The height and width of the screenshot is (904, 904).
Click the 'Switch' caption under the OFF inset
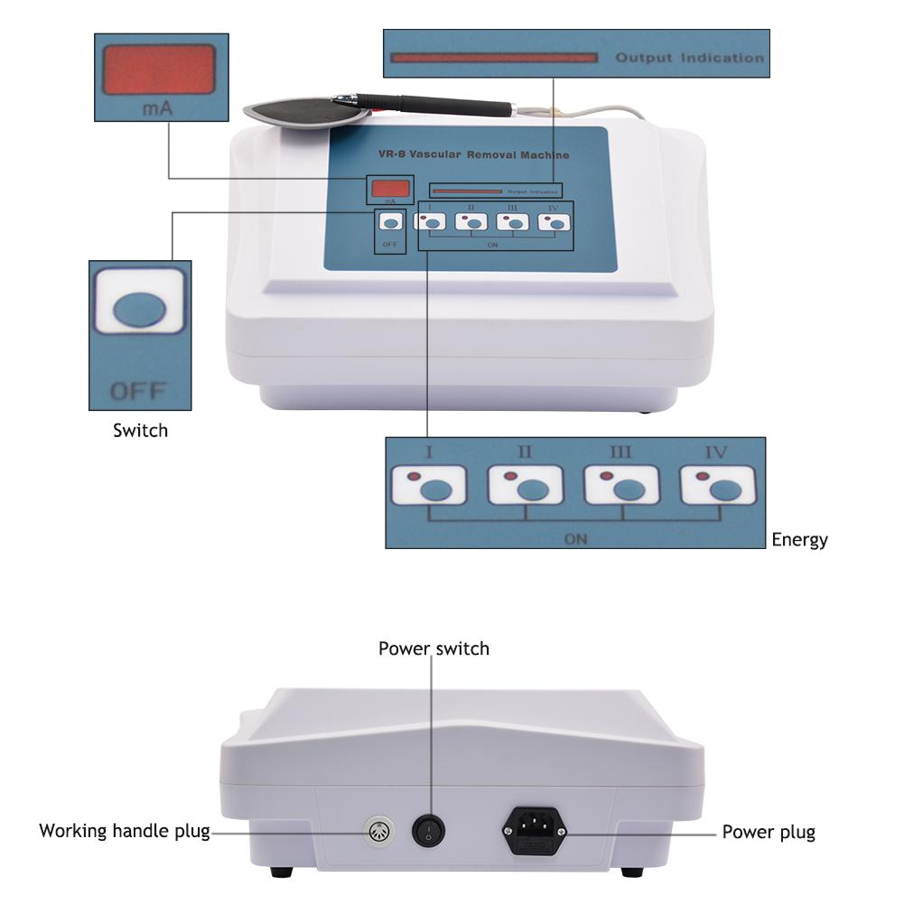click(x=140, y=431)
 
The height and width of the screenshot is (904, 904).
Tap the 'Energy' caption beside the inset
click(x=799, y=540)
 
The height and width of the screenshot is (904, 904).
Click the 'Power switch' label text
click(x=433, y=648)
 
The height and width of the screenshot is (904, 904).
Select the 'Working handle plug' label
click(x=124, y=831)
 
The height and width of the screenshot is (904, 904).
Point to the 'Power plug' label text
click(x=768, y=833)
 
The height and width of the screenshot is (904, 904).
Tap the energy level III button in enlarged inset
click(x=621, y=486)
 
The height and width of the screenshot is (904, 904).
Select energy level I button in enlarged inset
click(x=429, y=486)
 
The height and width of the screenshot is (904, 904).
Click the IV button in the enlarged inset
click(x=718, y=486)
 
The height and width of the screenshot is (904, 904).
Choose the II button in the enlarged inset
click(x=525, y=486)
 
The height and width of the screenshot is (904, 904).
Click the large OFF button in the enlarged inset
click(x=140, y=310)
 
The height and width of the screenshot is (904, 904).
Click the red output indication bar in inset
click(x=493, y=58)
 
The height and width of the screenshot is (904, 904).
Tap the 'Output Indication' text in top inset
click(x=689, y=58)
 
